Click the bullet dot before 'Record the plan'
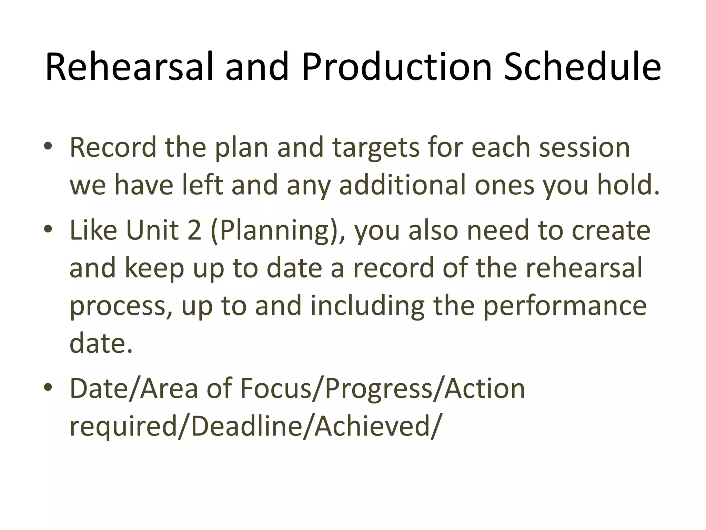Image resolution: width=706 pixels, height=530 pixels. tap(48, 147)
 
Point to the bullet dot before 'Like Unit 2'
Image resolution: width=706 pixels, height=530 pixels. tap(48, 229)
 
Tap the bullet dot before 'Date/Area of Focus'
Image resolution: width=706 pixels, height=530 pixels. tap(48, 388)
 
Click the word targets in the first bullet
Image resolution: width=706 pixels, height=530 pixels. tap(376, 148)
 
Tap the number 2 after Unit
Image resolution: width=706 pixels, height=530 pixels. tap(194, 230)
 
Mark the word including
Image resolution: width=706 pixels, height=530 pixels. tap(367, 306)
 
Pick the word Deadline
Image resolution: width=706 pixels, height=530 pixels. tap(246, 426)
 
